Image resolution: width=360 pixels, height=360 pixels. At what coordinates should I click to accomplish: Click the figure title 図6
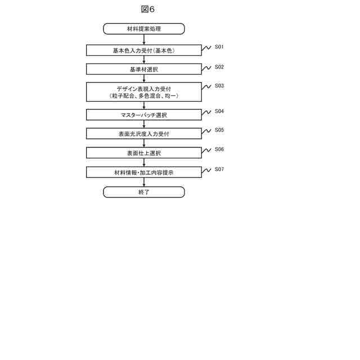[x=148, y=9]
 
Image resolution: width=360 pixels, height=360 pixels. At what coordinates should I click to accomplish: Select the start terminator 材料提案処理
[x=144, y=29]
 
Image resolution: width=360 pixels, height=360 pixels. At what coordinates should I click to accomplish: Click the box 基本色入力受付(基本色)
[x=144, y=50]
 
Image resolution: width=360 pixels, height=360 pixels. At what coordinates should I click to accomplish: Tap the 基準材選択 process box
[x=144, y=69]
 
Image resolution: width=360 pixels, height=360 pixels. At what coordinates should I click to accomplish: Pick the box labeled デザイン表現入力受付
[x=144, y=89]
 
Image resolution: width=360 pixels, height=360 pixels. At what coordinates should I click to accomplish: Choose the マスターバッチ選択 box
[x=144, y=115]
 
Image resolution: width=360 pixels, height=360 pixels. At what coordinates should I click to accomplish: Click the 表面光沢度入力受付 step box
[x=144, y=134]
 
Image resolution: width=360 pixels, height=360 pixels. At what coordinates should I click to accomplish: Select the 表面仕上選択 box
[x=144, y=153]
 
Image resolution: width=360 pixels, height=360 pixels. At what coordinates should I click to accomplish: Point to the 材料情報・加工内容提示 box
[x=144, y=173]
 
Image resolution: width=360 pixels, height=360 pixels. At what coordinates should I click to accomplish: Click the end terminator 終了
[x=144, y=192]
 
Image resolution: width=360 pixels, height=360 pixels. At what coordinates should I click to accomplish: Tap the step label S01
[x=219, y=47]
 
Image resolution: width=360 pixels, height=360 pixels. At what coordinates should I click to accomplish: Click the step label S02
[x=219, y=67]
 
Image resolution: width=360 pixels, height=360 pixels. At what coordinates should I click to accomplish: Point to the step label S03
[x=219, y=86]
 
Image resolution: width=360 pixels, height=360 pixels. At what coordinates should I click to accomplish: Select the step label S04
[x=219, y=111]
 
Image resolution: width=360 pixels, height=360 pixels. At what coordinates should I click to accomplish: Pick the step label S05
[x=219, y=130]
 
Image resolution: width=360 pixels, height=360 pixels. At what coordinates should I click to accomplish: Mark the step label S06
[x=219, y=150]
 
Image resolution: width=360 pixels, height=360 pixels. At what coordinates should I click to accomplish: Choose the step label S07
[x=219, y=169]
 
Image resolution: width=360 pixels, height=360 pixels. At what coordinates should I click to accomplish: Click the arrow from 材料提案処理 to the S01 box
[x=144, y=39]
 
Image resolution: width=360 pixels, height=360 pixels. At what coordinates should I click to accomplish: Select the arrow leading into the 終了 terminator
[x=144, y=182]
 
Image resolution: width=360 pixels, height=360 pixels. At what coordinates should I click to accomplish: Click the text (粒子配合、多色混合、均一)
[x=144, y=96]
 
